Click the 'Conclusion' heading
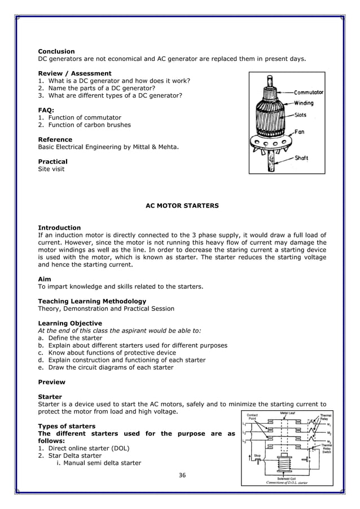pyautogui.click(x=56, y=51)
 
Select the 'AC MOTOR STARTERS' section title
pyautogui.click(x=182, y=206)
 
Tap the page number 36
pyautogui.click(x=182, y=475)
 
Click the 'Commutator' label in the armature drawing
pyautogui.click(x=308, y=92)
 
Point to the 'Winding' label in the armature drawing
pyautogui.click(x=303, y=103)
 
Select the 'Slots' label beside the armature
pyautogui.click(x=300, y=114)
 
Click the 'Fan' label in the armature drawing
pyautogui.click(x=299, y=131)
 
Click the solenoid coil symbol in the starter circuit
pyautogui.click(x=285, y=463)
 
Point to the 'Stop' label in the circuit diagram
pyautogui.click(x=257, y=455)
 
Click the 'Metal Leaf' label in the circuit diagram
pyautogui.click(x=288, y=413)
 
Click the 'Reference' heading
pyautogui.click(x=55, y=139)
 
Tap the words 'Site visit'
pyautogui.click(x=51, y=169)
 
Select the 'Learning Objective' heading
pyautogui.click(x=70, y=323)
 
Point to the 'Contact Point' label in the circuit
pyautogui.click(x=252, y=417)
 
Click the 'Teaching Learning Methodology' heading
pyautogui.click(x=92, y=301)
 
